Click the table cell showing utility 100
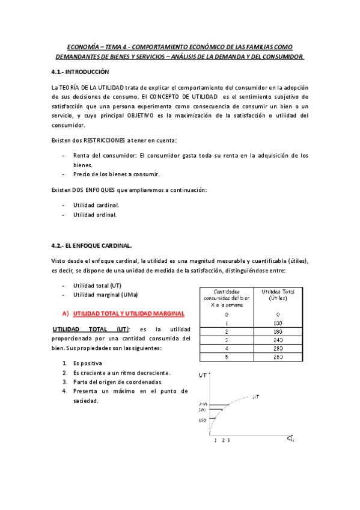point(278,323)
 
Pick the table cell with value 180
point(278,331)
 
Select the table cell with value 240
point(278,340)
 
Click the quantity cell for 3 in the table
point(227,340)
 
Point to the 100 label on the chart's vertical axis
point(202,419)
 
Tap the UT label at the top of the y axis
point(203,375)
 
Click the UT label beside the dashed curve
point(256,396)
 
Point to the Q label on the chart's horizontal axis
point(290,439)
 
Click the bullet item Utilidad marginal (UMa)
point(105,295)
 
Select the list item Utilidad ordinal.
point(95,214)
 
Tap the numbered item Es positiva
point(87,363)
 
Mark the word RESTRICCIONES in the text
point(108,140)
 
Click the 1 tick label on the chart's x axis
point(215,441)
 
